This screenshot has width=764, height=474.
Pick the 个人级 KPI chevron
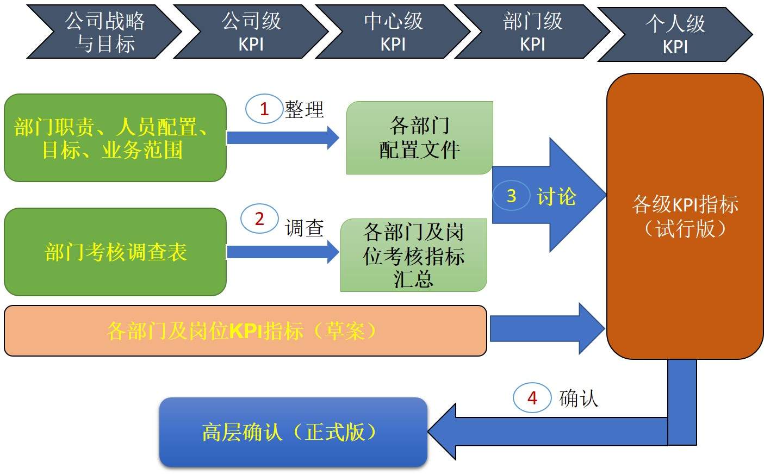tap(675, 34)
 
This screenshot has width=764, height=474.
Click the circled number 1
tap(264, 109)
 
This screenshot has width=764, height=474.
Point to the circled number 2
tap(259, 219)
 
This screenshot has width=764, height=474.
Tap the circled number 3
tap(511, 196)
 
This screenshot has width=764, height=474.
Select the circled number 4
tap(532, 398)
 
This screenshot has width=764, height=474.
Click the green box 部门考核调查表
tap(115, 252)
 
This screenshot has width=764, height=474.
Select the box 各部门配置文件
tap(419, 138)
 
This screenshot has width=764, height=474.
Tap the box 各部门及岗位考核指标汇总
tap(413, 255)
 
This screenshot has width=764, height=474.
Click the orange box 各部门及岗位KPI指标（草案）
tap(245, 330)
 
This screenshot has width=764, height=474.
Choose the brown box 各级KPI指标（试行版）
tap(685, 216)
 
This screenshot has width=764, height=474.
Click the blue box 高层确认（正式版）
tap(293, 432)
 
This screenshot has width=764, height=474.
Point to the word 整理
tap(305, 109)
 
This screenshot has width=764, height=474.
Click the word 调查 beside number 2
tap(305, 228)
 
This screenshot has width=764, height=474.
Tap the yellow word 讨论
tap(556, 196)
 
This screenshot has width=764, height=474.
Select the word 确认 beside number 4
tap(579, 398)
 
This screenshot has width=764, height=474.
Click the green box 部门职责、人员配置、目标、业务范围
tap(115, 138)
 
